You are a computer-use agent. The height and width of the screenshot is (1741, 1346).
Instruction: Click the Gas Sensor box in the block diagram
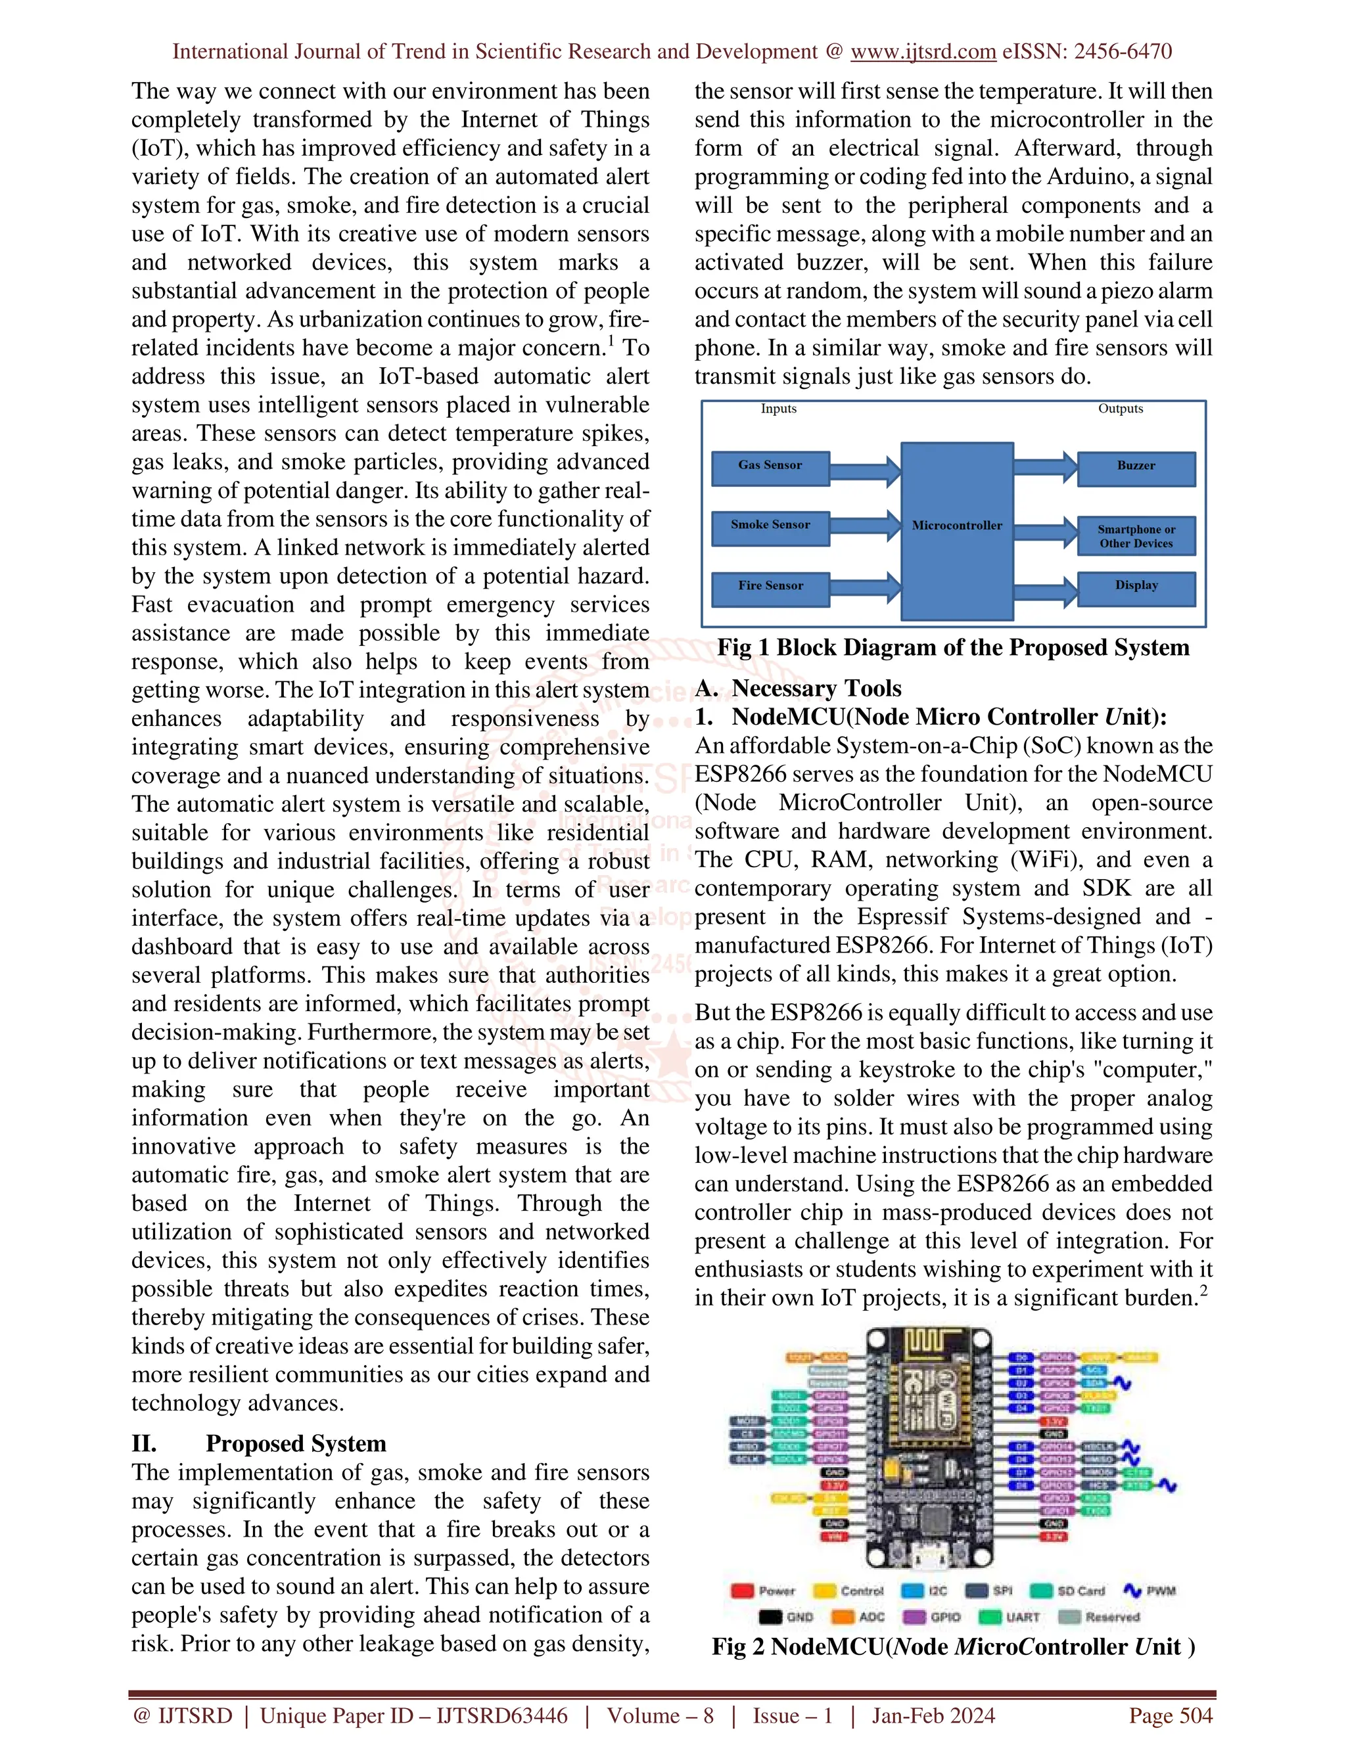tap(770, 468)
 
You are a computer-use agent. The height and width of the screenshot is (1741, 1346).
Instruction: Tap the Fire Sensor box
tap(770, 588)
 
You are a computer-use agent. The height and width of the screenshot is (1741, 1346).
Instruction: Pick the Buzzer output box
tap(1136, 468)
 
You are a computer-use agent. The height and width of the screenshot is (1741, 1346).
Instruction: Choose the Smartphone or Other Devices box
tap(1136, 535)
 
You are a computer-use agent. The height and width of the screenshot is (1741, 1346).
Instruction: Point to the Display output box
tap(1136, 588)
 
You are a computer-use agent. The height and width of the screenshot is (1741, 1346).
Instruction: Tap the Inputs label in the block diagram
tap(778, 408)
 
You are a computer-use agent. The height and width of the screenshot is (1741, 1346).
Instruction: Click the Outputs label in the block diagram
tap(1121, 408)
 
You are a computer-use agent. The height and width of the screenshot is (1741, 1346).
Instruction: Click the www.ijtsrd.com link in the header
tap(923, 52)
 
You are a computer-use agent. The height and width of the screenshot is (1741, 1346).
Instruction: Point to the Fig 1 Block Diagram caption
tap(953, 647)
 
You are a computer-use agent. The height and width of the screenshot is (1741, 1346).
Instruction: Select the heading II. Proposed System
tap(259, 1443)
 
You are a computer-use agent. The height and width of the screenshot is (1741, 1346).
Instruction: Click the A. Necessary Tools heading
tap(798, 688)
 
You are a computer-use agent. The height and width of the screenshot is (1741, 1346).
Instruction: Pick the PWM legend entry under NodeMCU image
tap(1149, 1591)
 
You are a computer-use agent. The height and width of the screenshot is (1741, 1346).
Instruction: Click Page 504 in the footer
tap(1170, 1715)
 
